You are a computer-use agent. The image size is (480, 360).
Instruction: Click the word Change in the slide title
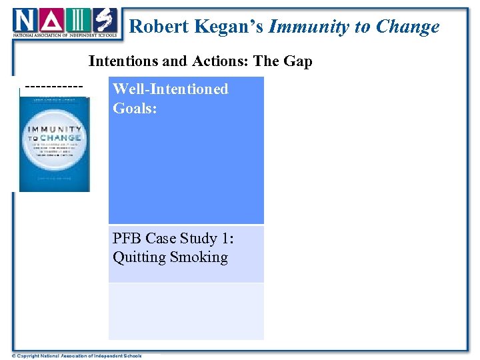(x=407, y=27)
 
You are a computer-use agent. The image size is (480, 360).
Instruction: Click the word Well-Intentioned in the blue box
(x=171, y=89)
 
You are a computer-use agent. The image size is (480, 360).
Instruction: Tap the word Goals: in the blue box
(x=135, y=108)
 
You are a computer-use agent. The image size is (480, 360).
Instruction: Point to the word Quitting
(x=137, y=257)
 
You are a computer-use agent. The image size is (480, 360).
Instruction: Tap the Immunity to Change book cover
(x=54, y=143)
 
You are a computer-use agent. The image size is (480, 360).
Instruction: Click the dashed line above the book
(x=53, y=87)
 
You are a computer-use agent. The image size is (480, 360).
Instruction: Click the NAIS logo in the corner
(x=65, y=23)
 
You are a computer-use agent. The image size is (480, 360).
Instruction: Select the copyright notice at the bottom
(x=77, y=355)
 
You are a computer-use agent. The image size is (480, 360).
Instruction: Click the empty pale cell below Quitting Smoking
(x=186, y=311)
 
